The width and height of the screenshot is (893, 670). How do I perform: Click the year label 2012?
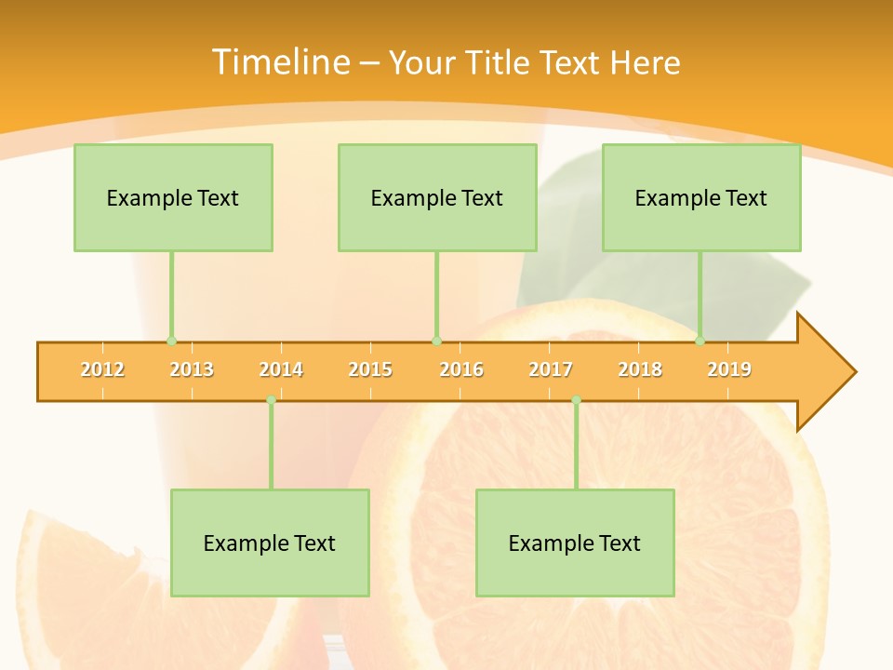coord(102,369)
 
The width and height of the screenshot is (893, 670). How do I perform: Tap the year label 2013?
coord(192,369)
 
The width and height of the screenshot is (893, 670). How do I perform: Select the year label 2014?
coord(281,369)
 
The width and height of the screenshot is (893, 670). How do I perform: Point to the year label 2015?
coord(370,369)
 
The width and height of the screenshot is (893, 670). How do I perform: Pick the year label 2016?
coord(461,369)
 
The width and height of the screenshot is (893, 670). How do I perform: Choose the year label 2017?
coord(551,369)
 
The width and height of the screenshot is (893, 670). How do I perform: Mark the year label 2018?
coord(640,369)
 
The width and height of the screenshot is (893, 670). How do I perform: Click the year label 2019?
coord(729,369)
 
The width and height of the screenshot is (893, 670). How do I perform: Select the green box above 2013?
coord(173,197)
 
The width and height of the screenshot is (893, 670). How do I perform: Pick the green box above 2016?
coord(437,197)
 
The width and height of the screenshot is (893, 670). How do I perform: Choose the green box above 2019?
coord(701,197)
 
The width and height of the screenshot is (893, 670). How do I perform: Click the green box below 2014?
coord(270,543)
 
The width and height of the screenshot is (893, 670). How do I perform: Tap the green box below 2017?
coord(575,543)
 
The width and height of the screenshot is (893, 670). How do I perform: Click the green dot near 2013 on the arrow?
coord(171,341)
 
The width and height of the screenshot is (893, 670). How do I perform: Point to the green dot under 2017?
coord(576,400)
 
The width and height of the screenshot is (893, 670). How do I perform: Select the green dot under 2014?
coord(271,400)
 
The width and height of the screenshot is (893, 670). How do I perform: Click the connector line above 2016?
coord(436,296)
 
